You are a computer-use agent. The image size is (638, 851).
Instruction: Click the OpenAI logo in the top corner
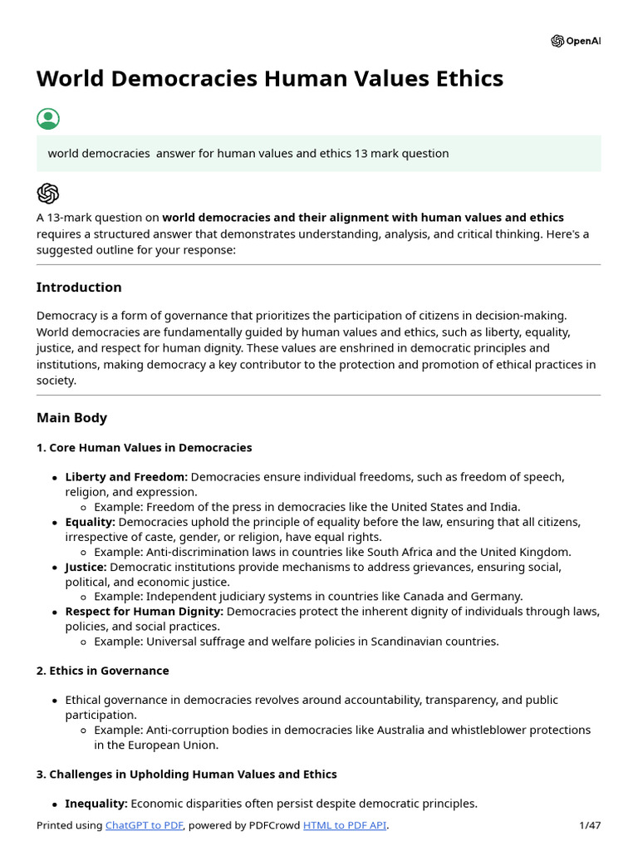[x=575, y=42]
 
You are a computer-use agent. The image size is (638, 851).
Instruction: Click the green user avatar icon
[x=48, y=118]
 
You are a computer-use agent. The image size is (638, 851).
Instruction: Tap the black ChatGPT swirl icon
[x=48, y=193]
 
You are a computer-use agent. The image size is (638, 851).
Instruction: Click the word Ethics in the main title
[x=466, y=79]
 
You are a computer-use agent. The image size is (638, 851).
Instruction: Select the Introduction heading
[x=79, y=288]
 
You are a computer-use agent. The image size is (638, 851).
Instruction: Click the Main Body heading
[x=71, y=418]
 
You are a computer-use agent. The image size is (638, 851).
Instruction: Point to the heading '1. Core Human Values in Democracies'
[x=144, y=448]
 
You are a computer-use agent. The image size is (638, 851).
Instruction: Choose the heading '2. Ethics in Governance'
[x=102, y=671]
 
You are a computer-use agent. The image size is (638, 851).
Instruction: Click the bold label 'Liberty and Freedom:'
[x=126, y=477]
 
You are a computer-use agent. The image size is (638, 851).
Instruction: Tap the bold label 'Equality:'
[x=90, y=522]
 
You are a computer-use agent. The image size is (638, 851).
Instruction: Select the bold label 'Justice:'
[x=86, y=567]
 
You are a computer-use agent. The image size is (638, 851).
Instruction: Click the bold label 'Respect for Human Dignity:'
[x=144, y=612]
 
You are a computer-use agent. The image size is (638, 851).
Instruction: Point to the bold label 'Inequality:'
[x=96, y=804]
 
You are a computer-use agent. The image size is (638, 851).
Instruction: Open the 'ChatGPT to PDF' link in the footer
[x=145, y=825]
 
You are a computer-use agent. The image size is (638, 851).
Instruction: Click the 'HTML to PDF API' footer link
[x=345, y=825]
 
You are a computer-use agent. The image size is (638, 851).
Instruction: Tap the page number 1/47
[x=590, y=825]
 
